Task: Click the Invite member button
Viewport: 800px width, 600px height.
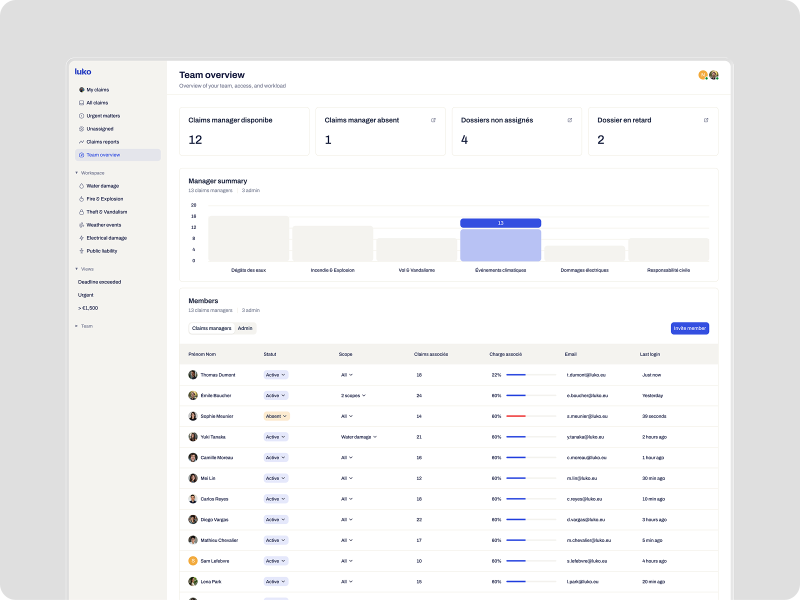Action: [x=689, y=328]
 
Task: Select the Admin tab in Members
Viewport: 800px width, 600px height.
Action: [x=245, y=328]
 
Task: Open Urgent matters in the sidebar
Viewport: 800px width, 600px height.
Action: [x=103, y=116]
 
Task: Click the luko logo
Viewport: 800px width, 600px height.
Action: [x=83, y=72]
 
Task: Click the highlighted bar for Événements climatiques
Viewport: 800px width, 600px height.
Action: [x=500, y=245]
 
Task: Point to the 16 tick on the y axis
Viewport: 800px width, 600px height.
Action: [x=193, y=216]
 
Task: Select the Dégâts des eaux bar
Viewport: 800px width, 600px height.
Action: [x=248, y=238]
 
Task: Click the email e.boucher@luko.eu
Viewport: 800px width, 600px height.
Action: [x=587, y=395]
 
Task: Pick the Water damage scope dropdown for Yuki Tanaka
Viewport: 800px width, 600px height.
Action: [x=358, y=437]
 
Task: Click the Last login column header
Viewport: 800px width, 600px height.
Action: [x=649, y=354]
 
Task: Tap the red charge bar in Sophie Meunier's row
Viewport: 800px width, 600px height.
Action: [x=516, y=416]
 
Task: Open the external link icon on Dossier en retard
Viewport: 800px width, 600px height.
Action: [x=706, y=120]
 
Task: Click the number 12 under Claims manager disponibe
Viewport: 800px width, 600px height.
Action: [x=195, y=140]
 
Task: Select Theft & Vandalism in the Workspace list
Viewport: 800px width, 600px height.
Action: [x=106, y=212]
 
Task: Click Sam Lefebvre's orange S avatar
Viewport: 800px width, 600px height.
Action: [x=192, y=561]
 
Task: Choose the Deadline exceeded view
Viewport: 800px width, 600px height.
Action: [x=99, y=282]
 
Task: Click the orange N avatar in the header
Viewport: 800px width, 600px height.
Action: [x=702, y=75]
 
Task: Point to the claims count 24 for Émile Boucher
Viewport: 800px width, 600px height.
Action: [x=419, y=395]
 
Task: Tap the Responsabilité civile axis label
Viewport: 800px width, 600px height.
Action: [x=668, y=270]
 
